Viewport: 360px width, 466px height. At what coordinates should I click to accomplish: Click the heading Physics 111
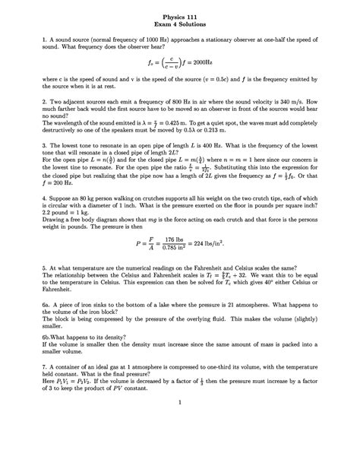(x=180, y=15)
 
